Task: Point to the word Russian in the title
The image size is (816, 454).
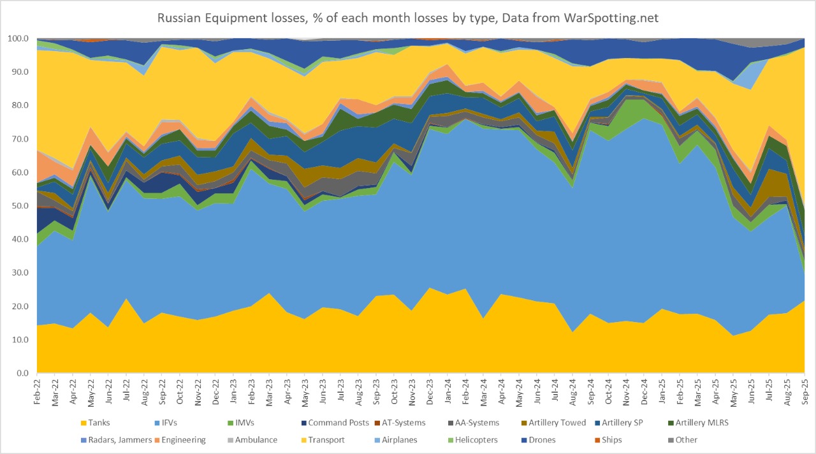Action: click(180, 18)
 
